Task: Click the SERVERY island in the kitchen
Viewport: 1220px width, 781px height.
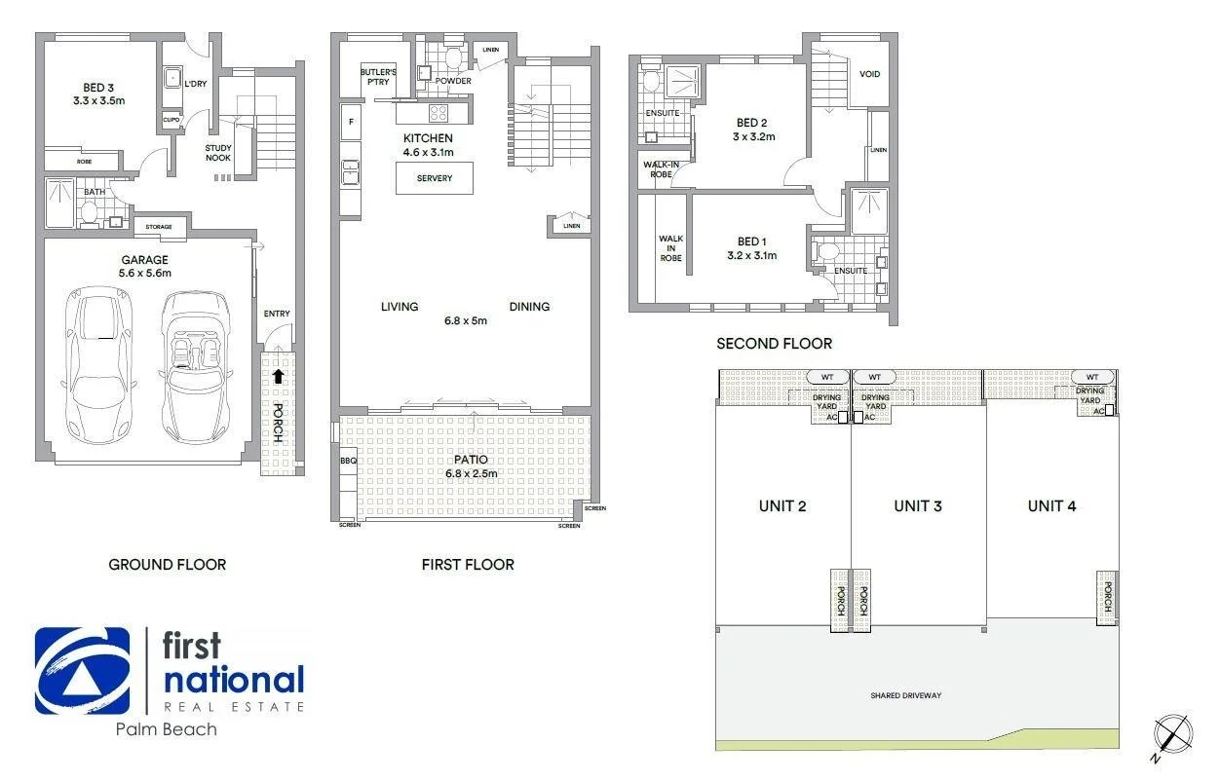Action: [434, 179]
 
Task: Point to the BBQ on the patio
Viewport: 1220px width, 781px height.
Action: [348, 460]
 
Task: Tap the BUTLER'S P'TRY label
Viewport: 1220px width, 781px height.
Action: [375, 77]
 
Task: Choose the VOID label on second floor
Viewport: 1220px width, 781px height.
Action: [869, 74]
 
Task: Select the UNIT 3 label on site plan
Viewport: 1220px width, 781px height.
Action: [918, 505]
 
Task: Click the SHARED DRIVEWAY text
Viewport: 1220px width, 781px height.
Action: [905, 695]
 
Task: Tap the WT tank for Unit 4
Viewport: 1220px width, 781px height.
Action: [1092, 377]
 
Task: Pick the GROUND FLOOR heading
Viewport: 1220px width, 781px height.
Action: [167, 564]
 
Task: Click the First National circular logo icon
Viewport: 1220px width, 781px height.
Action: [82, 671]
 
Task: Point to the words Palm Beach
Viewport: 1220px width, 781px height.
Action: [166, 728]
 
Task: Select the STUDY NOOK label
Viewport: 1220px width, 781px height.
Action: [218, 153]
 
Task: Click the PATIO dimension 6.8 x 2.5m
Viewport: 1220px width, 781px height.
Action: [472, 473]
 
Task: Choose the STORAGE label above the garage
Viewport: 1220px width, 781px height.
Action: [159, 227]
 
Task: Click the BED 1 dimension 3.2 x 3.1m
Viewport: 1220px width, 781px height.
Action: [751, 255]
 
